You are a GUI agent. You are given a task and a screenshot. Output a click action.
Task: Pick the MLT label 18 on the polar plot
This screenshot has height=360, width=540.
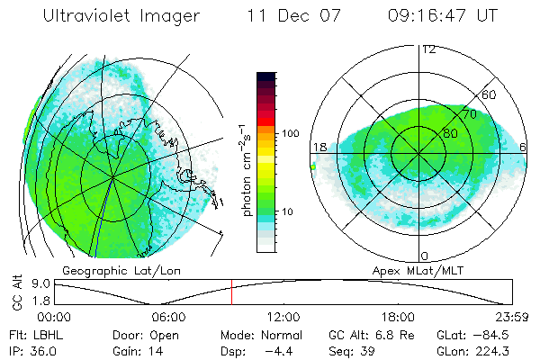[319, 147]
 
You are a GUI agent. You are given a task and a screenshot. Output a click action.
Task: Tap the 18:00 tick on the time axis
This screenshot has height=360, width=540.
[397, 316]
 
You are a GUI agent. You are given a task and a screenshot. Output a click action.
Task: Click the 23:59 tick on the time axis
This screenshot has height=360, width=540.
[509, 316]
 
